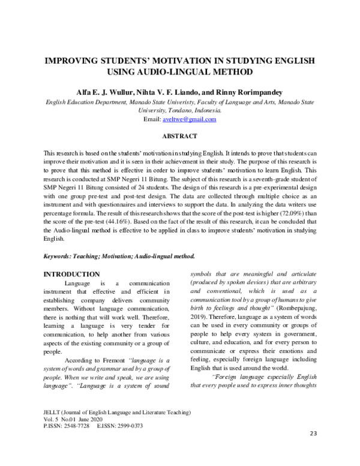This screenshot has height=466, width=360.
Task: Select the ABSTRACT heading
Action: click(180, 136)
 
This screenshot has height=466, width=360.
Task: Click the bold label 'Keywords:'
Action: click(61, 256)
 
